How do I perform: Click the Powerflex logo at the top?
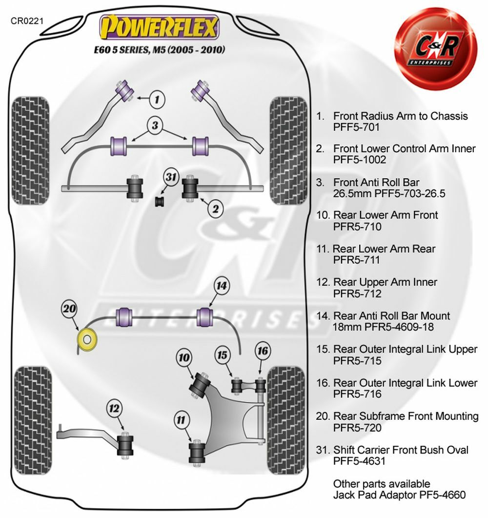[159, 27]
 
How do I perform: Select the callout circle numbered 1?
[156, 100]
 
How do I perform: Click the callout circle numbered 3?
[155, 126]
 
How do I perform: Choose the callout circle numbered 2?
[216, 208]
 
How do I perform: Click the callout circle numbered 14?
[222, 286]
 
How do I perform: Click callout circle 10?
[184, 358]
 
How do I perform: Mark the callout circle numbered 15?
[223, 355]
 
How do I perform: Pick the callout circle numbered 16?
[262, 351]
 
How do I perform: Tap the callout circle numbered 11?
[182, 419]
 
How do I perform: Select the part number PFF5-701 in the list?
[356, 128]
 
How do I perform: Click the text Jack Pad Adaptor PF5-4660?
[399, 495]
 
